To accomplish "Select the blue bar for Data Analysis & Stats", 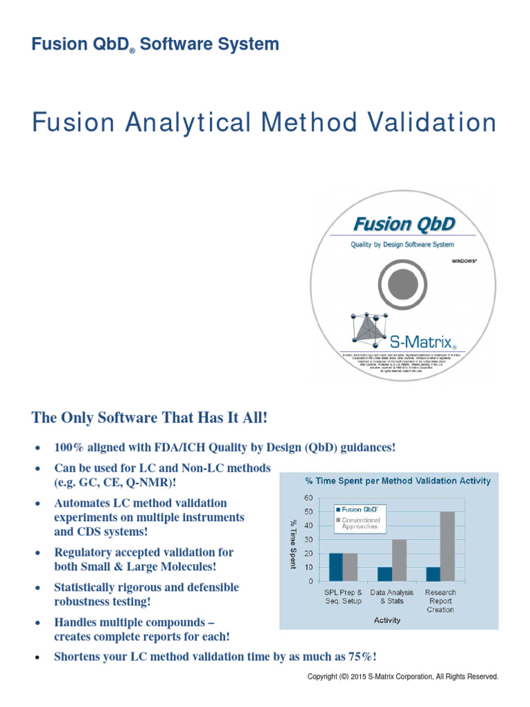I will click(x=384, y=574).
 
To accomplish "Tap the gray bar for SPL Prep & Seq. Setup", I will click(x=350, y=567).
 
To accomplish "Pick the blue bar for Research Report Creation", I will click(x=433, y=574).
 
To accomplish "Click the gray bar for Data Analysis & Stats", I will click(x=398, y=560).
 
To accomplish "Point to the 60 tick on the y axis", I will click(x=308, y=498).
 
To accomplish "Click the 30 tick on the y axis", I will click(x=308, y=539).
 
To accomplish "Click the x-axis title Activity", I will click(x=387, y=620).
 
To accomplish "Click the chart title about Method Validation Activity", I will click(x=398, y=481).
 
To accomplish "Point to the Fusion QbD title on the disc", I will click(x=404, y=224).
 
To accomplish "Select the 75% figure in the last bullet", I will click(x=360, y=657).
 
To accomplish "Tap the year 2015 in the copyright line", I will click(x=356, y=677).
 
